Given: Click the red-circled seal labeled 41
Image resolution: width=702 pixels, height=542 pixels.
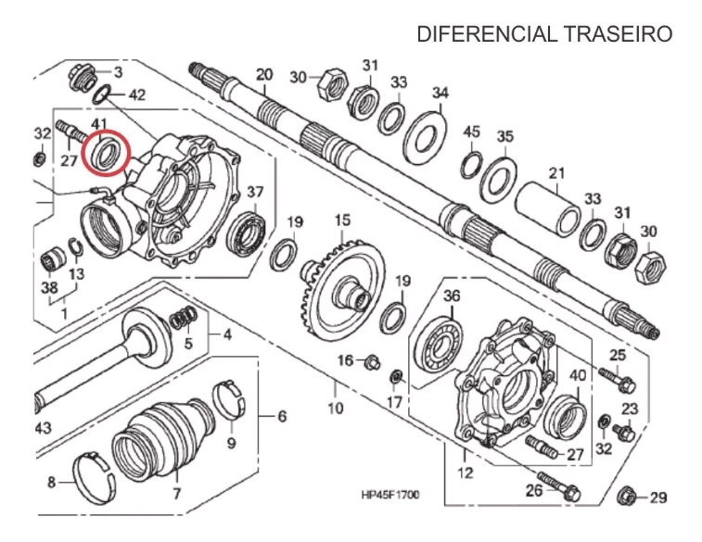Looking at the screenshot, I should [104, 152].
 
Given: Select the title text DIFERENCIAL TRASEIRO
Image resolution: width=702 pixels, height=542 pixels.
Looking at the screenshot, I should [544, 34].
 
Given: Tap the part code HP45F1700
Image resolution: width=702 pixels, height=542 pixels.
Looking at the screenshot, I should [390, 495].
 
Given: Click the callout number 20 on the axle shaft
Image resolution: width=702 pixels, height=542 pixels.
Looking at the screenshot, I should [264, 74].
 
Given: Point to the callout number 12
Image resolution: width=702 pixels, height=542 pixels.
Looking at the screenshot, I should [465, 473].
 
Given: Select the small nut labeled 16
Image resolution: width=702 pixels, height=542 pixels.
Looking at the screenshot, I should [372, 360].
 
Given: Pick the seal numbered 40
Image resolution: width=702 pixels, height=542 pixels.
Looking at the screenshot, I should [566, 416].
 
